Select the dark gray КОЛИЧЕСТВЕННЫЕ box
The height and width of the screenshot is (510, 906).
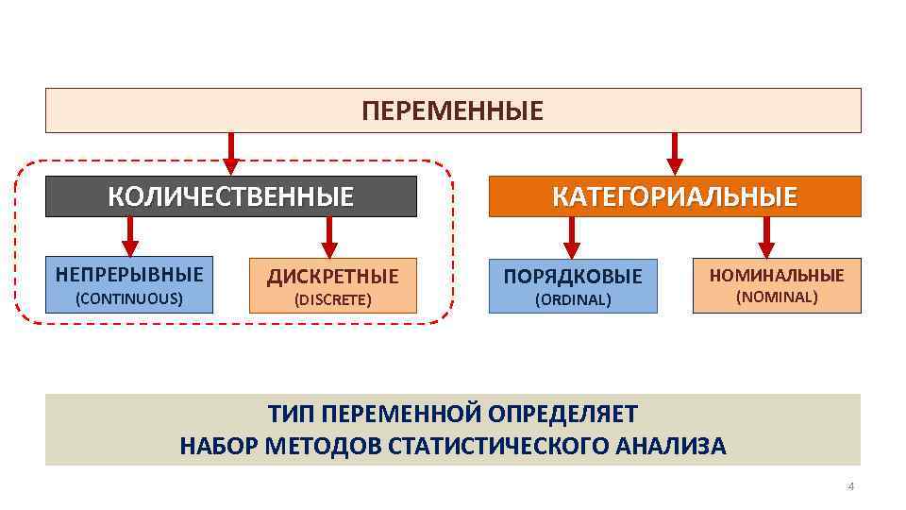pos(231,196)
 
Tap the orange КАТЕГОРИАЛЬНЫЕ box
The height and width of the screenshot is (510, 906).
pos(674,196)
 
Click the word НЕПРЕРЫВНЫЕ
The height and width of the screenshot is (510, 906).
pos(129,275)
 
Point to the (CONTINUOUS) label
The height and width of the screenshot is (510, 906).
pos(129,298)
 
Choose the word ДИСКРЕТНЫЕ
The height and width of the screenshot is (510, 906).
pos(332,277)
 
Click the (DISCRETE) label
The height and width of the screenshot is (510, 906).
pos(332,300)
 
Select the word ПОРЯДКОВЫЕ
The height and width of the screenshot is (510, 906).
pos(573,277)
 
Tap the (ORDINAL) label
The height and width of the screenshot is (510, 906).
pos(573,300)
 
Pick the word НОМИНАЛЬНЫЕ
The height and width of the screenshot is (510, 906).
pos(777,275)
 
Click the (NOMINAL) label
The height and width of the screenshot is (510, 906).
pos(777,297)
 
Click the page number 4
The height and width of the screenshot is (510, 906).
pos(850,486)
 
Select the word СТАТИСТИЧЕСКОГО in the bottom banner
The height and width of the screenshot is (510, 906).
pos(485,446)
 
